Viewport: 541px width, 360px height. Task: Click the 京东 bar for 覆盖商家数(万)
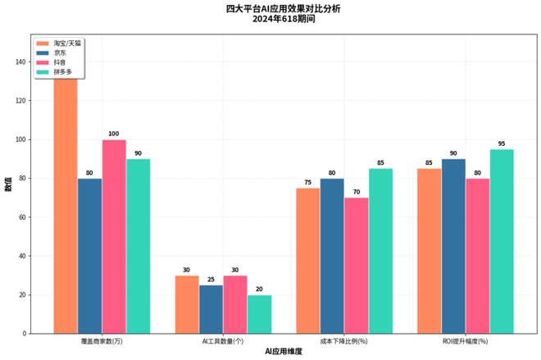pyautogui.click(x=90, y=256)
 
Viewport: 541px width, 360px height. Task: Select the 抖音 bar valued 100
pyautogui.click(x=114, y=236)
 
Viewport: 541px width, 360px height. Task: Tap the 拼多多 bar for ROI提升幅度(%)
pyautogui.click(x=502, y=241)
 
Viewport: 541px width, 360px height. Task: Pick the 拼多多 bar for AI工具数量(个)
pyautogui.click(x=259, y=314)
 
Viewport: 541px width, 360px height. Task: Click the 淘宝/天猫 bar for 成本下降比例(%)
pyautogui.click(x=308, y=261)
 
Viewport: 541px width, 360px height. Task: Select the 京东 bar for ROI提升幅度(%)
pyautogui.click(x=453, y=246)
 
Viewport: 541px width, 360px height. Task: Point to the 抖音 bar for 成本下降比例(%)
pyautogui.click(x=357, y=265)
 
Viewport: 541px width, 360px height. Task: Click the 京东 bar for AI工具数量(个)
pyautogui.click(x=211, y=309)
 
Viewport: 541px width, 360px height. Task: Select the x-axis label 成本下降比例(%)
pyautogui.click(x=344, y=340)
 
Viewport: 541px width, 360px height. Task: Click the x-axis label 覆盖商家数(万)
pyautogui.click(x=102, y=340)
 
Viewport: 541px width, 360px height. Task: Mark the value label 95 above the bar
pyautogui.click(x=502, y=144)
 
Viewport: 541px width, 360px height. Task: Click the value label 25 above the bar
pyautogui.click(x=211, y=279)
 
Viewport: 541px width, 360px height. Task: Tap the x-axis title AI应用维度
pyautogui.click(x=284, y=351)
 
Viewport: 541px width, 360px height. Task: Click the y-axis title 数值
pyautogui.click(x=8, y=185)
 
